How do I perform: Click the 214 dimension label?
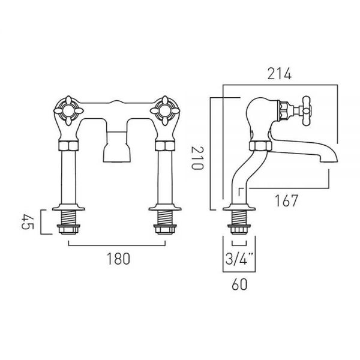(280, 74)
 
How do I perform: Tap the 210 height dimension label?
(197, 158)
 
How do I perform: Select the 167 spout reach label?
(286, 200)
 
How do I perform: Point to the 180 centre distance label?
(118, 259)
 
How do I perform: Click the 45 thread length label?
(28, 222)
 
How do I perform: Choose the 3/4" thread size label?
(239, 259)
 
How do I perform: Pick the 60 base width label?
(239, 284)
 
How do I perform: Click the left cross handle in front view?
(68, 110)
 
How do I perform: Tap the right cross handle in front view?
(165, 110)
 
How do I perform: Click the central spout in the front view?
(117, 146)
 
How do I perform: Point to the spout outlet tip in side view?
(329, 161)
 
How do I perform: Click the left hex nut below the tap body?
(68, 146)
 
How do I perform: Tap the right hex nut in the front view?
(165, 146)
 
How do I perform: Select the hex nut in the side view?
(260, 146)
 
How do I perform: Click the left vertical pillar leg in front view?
(68, 177)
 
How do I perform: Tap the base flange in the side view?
(239, 207)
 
